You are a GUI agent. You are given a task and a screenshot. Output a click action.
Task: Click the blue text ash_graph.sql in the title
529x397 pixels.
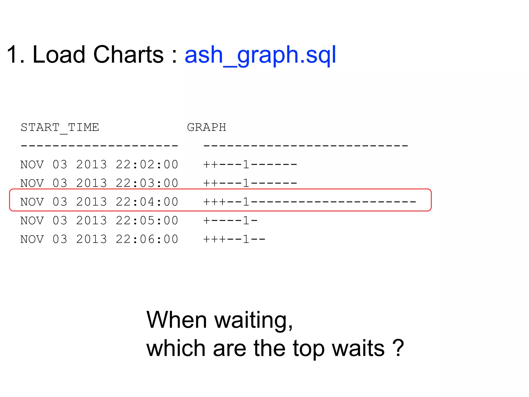pos(260,55)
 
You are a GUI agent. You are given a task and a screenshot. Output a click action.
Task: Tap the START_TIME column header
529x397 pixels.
pos(60,127)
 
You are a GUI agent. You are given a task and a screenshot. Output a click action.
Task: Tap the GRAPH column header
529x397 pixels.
pos(206,127)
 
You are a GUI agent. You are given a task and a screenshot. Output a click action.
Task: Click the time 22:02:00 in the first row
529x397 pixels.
pos(147,165)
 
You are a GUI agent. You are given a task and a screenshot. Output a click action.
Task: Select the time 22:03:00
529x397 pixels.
pos(147,183)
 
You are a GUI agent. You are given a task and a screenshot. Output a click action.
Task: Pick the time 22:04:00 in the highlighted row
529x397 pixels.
pos(147,202)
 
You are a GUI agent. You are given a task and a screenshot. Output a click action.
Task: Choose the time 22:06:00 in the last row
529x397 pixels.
pos(147,239)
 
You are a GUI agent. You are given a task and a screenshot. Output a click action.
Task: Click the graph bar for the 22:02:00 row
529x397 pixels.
pos(250,165)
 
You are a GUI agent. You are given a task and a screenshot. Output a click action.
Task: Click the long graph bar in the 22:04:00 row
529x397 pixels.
pos(309,202)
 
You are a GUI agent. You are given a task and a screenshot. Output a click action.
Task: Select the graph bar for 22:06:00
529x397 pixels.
pos(234,239)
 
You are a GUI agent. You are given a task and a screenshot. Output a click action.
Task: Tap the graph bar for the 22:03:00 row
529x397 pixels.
pos(250,183)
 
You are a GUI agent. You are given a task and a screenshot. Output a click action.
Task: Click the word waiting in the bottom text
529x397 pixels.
pos(253,320)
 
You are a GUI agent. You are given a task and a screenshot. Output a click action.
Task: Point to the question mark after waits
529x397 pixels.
pos(398,348)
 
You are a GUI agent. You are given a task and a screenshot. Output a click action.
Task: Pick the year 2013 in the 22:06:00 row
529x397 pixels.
pos(91,239)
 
